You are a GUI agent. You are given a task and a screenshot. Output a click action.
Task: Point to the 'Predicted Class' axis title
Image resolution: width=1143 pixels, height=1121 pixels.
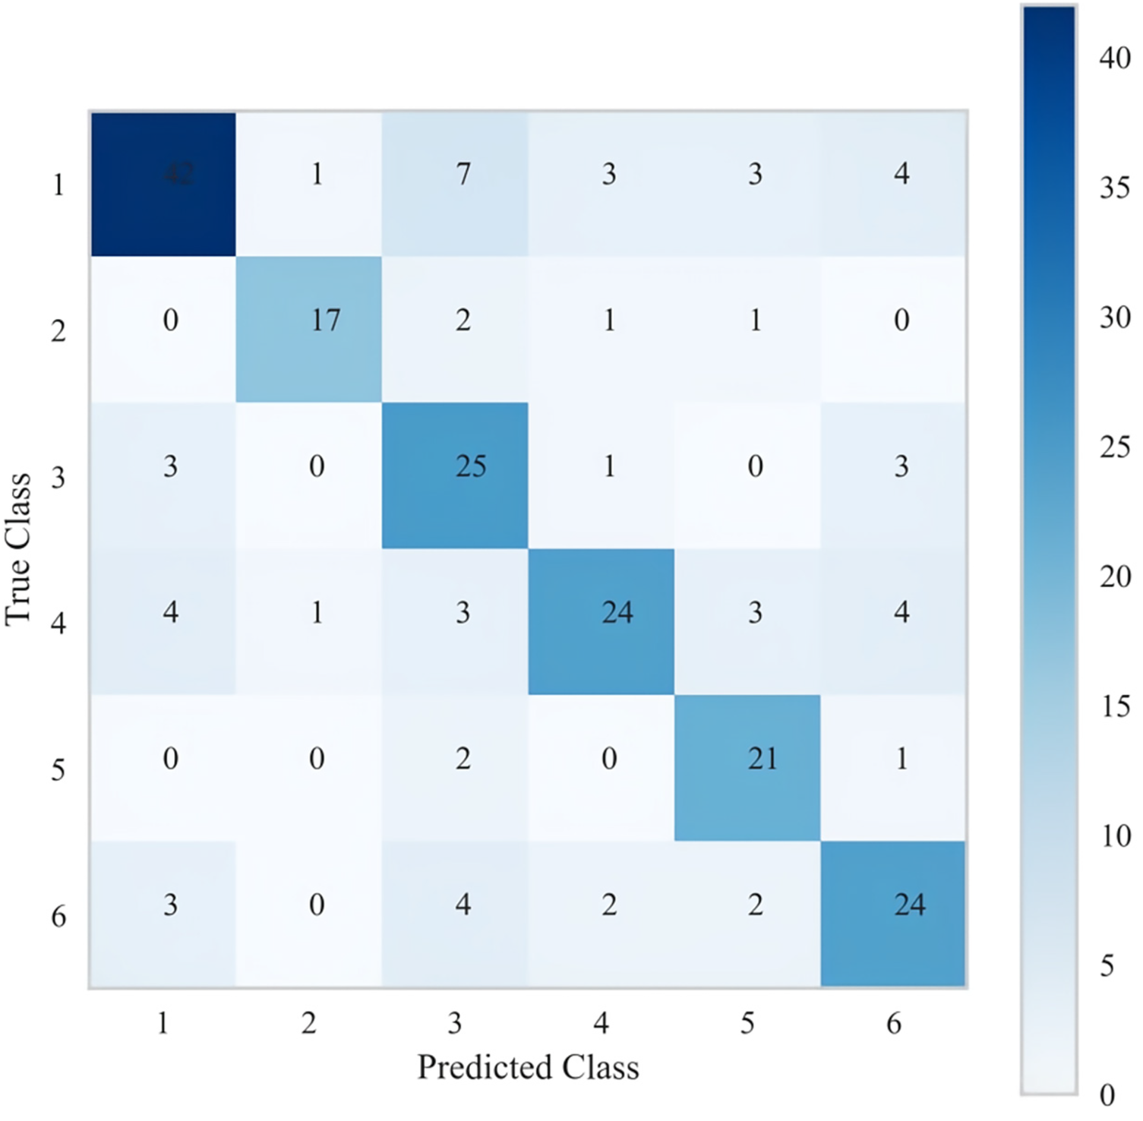(x=528, y=1067)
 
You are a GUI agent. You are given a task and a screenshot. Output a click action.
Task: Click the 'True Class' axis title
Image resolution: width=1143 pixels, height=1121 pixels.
(x=18, y=549)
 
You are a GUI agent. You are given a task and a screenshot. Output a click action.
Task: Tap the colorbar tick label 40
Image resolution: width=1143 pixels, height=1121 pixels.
(x=1114, y=58)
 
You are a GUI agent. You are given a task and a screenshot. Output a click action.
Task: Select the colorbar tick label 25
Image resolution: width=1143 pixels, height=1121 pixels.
(x=1114, y=447)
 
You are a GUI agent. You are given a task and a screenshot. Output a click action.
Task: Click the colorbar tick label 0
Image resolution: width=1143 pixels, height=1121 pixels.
(x=1107, y=1095)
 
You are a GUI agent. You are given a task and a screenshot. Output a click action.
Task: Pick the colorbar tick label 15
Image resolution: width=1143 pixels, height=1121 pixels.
(x=1114, y=706)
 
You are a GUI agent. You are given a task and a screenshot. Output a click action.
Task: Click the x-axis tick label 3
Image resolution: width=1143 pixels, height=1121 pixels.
(x=455, y=1023)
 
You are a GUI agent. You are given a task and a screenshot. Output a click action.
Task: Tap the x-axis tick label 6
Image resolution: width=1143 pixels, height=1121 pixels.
(x=894, y=1023)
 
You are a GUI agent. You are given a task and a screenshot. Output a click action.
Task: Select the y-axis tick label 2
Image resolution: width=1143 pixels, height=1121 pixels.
(x=58, y=331)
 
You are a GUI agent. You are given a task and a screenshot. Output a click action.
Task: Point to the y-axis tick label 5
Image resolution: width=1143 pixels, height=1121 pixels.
(x=58, y=769)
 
